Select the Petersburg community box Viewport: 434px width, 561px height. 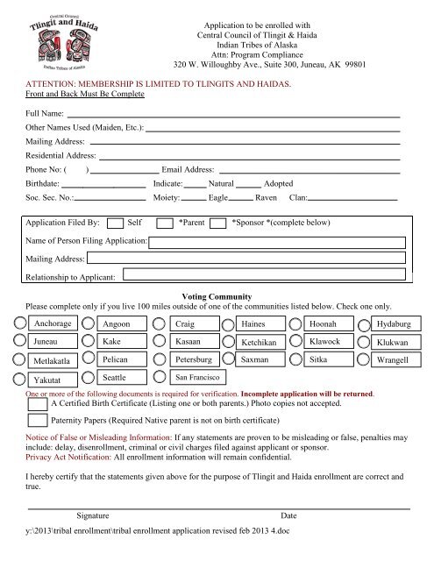(x=196, y=360)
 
